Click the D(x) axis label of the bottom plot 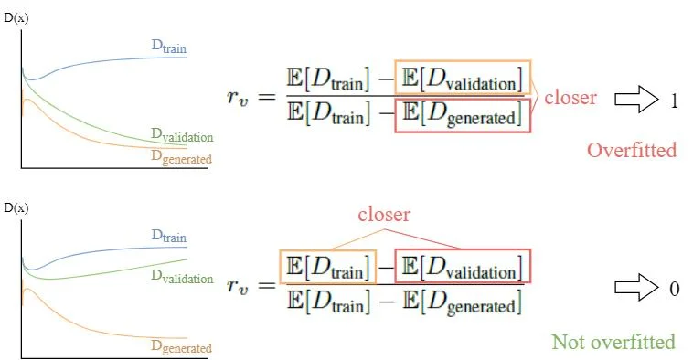[x=16, y=208]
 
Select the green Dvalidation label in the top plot [x=182, y=136]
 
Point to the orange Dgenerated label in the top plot [x=181, y=158]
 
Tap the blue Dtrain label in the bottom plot [x=171, y=236]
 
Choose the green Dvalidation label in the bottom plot [x=182, y=277]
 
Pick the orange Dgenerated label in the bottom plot [x=181, y=347]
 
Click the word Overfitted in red [x=632, y=150]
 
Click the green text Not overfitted [x=613, y=342]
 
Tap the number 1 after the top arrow [x=674, y=101]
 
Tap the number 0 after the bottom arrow [x=674, y=289]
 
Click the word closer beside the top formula [x=570, y=97]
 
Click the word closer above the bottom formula [x=384, y=215]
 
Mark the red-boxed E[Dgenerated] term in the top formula [x=463, y=114]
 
